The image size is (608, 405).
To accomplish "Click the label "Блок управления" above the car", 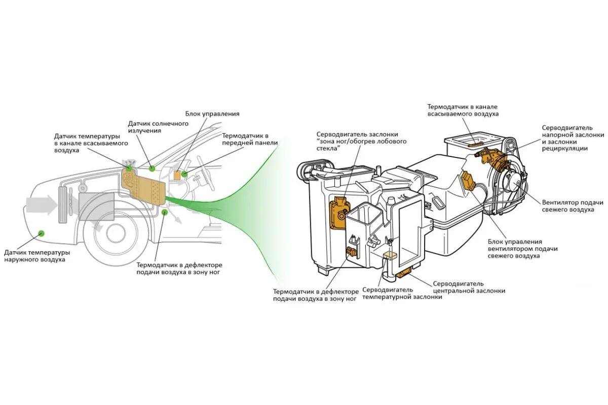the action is tap(212, 114).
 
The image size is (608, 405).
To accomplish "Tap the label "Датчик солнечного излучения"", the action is tap(158, 127).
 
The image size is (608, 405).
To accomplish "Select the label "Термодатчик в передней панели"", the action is tap(250, 139).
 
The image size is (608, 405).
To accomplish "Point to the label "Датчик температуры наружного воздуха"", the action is tap(37, 256).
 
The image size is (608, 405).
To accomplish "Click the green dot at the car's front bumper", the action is tap(41, 233).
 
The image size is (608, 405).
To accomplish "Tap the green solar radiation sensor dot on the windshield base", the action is tap(152, 169).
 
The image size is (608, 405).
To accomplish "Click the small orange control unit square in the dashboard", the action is tap(177, 175).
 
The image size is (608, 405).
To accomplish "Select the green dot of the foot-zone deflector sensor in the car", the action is tap(164, 212).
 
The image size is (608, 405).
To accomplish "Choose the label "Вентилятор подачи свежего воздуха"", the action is tap(573, 206).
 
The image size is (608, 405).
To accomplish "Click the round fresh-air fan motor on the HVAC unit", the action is tap(513, 185).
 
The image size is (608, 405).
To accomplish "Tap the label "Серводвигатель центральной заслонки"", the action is tap(469, 287).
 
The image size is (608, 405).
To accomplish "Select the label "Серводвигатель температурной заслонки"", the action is tap(402, 293).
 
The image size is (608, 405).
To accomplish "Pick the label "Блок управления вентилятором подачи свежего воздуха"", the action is tap(522, 249).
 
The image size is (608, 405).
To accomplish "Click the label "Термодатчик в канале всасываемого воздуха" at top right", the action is tap(463, 110).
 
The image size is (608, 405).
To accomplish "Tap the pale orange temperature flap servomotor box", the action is tap(390, 256).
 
